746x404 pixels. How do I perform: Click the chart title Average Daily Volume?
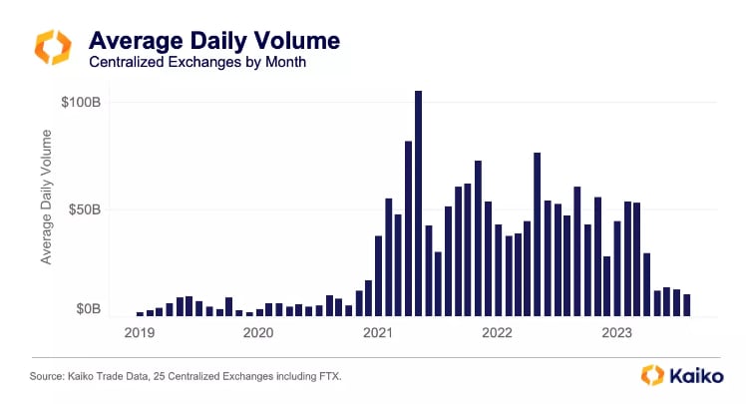214,42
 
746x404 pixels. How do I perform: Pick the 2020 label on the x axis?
257,332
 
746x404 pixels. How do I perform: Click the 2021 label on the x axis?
378,332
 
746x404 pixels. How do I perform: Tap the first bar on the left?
140,313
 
